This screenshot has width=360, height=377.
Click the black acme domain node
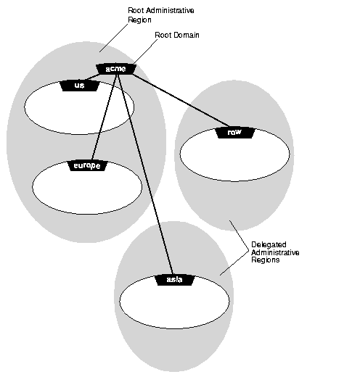coord(115,69)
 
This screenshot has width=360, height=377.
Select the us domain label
coord(80,86)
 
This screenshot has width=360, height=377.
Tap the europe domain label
coord(88,165)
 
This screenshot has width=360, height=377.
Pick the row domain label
coord(234,133)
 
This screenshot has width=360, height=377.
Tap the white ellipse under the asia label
coord(174,304)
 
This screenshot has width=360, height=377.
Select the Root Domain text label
coord(176,34)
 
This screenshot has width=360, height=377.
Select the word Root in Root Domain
coord(163,34)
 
